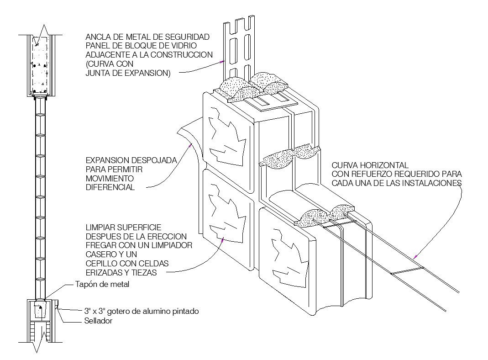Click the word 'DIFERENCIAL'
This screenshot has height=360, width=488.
(110, 187)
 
